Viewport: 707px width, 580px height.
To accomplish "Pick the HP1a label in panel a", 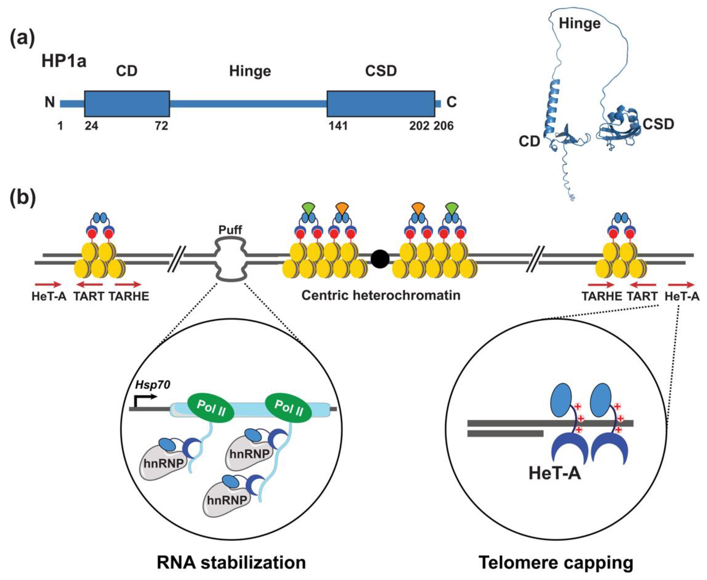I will [63, 62].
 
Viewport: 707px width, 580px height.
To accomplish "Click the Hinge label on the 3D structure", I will [579, 23].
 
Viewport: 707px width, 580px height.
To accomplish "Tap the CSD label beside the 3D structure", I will [658, 124].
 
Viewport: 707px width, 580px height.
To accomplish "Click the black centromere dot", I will [380, 259].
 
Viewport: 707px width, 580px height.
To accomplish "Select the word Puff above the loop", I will [230, 230].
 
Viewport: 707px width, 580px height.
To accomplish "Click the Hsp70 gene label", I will [153, 385].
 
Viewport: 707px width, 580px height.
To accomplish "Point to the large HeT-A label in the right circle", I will [554, 473].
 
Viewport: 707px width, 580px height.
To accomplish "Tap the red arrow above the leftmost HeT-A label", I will [48, 285].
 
